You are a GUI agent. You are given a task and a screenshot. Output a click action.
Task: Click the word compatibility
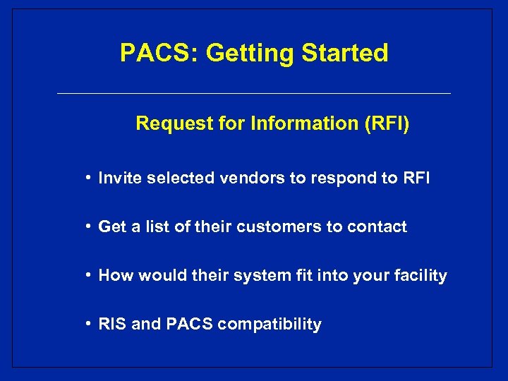(x=270, y=325)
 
